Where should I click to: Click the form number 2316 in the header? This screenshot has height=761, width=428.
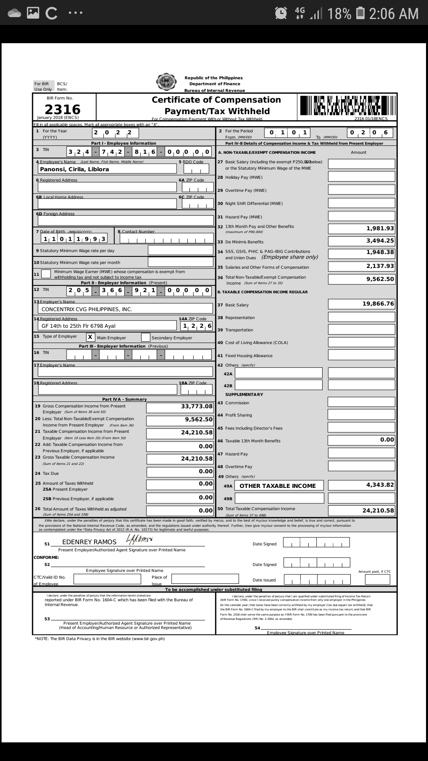coord(63,109)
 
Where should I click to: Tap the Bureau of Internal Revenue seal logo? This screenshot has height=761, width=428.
coord(166,82)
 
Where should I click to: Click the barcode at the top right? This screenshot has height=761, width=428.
coord(347,105)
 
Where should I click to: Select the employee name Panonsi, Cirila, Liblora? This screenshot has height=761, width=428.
coord(75,169)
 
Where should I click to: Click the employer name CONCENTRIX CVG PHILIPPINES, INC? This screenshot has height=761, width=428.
coord(87,309)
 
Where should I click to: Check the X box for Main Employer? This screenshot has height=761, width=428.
coord(90,337)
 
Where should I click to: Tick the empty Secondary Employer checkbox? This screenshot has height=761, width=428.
coord(145,337)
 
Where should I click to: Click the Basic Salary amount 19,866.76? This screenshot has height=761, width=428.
coord(378,304)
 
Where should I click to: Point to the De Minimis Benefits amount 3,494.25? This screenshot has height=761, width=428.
coord(380,241)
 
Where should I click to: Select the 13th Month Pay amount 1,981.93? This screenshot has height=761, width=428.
coord(380,228)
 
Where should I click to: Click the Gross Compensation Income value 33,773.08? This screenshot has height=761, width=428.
coord(197,406)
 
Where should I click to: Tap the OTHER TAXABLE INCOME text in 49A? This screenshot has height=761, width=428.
coord(277,486)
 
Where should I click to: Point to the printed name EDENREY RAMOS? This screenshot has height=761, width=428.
coord(89,542)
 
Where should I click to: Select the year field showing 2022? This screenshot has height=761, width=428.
coord(115,133)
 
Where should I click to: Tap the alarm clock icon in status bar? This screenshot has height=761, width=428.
coord(281,13)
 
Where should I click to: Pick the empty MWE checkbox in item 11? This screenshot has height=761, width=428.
coord(46,274)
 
